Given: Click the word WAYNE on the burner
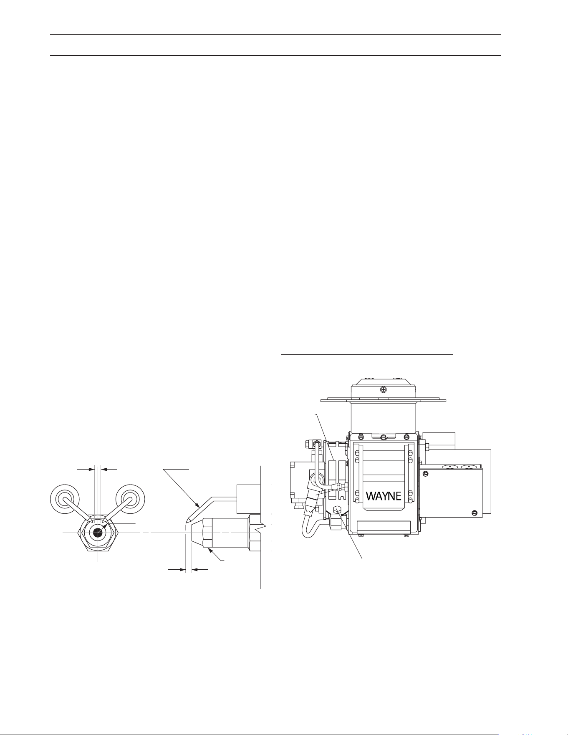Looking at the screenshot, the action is pos(384,495).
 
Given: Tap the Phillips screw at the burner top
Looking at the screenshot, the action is pos(384,390).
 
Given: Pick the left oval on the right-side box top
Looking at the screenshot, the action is pos(449,465).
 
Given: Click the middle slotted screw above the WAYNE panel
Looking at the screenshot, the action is pos(384,437).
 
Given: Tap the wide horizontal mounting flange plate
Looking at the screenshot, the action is pos(384,400).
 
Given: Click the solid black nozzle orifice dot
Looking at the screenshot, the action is pos(98,532).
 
